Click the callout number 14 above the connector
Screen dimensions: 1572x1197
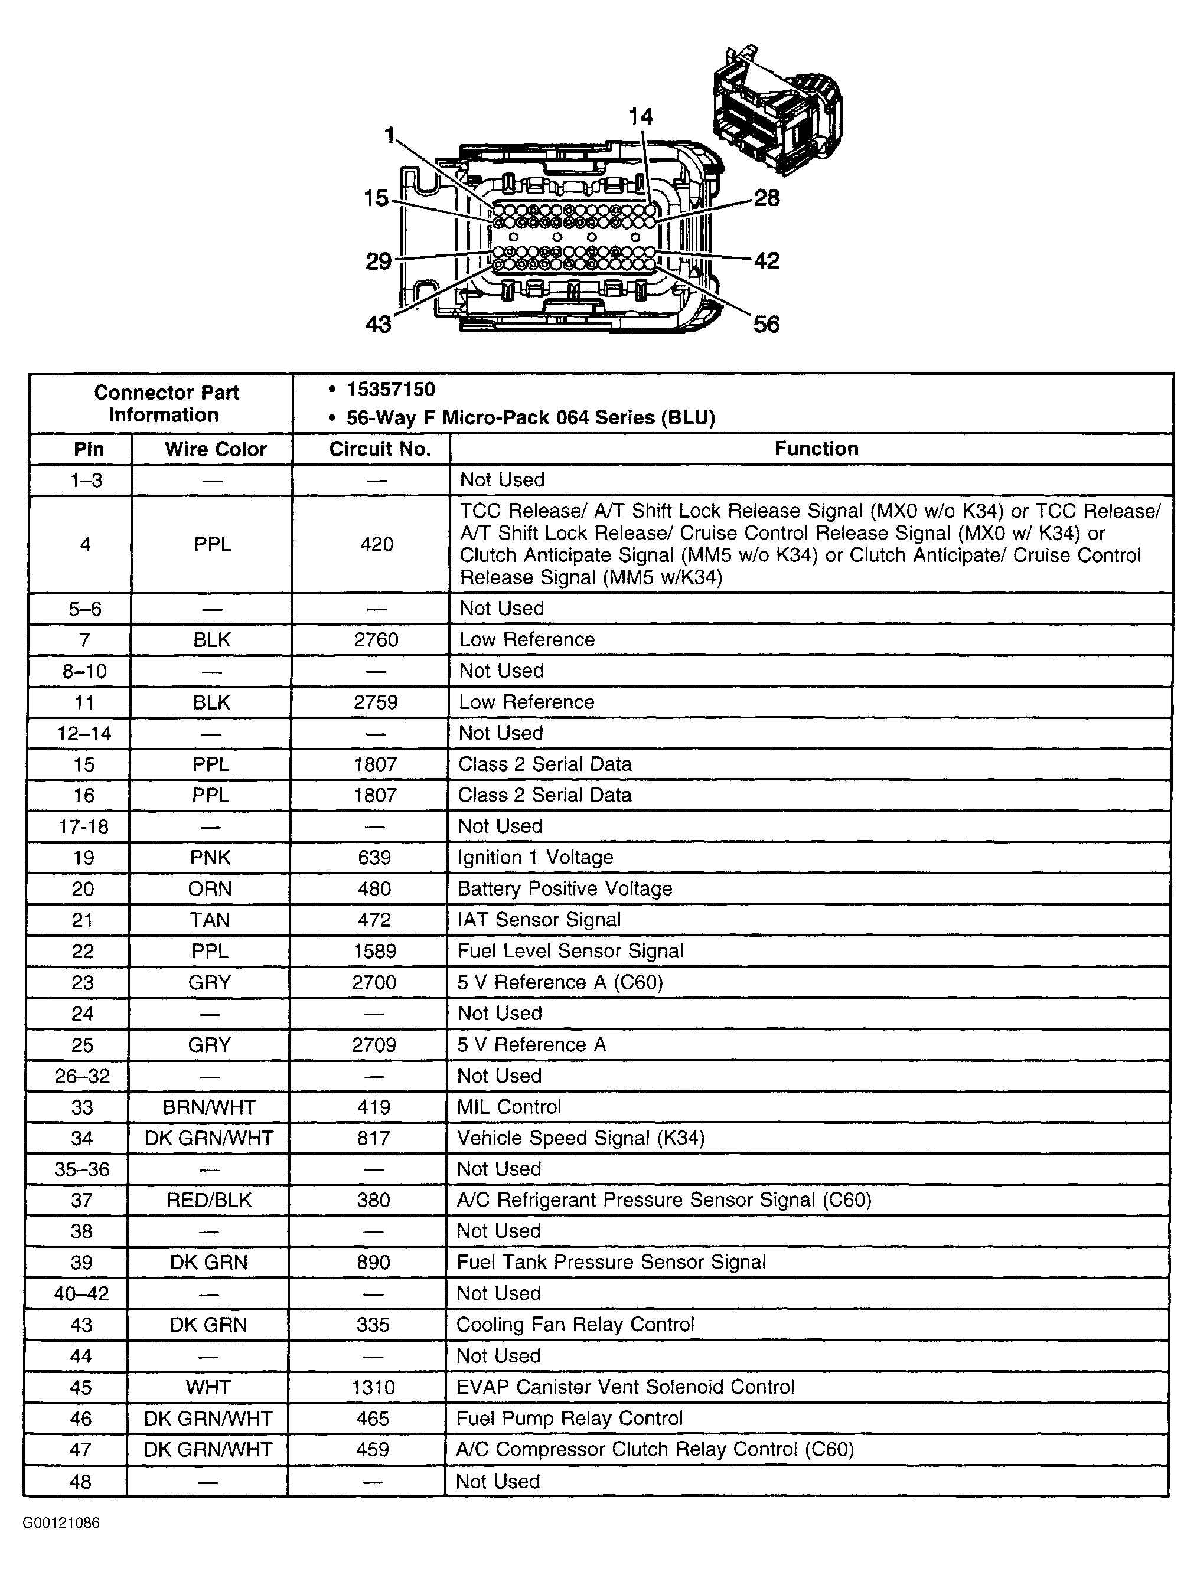pos(641,117)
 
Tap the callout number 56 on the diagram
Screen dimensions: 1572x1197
pos(767,325)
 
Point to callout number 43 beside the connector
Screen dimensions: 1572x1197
pos(379,325)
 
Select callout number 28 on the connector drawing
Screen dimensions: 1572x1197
pos(767,198)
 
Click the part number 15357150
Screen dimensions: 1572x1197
pos(390,389)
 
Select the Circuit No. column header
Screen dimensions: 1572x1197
pos(380,449)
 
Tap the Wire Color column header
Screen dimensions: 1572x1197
pos(215,449)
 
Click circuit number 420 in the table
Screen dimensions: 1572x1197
pos(377,545)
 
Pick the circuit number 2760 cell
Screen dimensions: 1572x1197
pos(376,640)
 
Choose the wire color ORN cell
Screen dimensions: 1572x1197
pos(210,889)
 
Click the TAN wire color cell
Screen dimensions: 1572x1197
pos(210,920)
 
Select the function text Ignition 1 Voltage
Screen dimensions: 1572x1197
pos(535,858)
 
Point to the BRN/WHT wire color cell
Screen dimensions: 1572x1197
pos(209,1107)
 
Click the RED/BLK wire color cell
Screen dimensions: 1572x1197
pos(209,1201)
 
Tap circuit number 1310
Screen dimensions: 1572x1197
pos(373,1387)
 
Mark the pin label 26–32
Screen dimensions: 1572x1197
pos(82,1076)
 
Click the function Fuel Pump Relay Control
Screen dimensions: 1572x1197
pos(569,1419)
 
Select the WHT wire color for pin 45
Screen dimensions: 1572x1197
pos(208,1387)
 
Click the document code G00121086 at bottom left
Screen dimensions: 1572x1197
pos(61,1524)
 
